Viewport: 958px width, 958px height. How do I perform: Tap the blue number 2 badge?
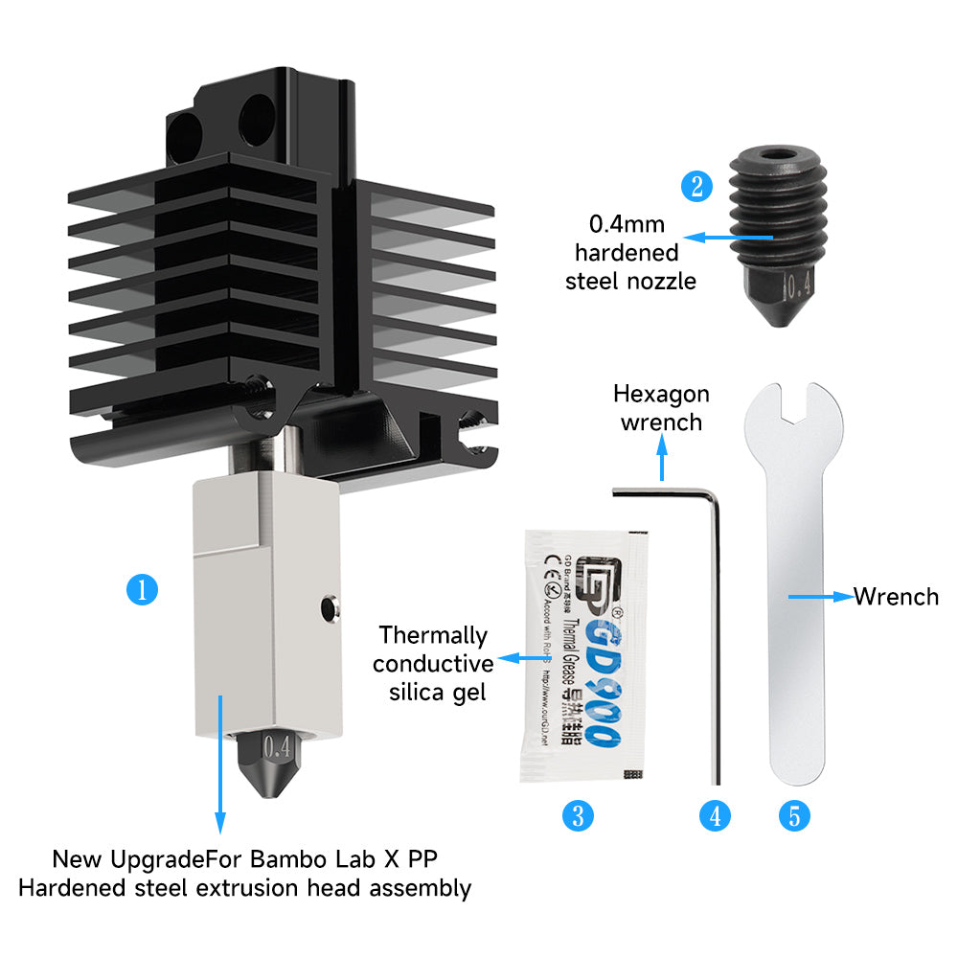coord(696,186)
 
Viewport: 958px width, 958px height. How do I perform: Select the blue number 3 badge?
coord(578,815)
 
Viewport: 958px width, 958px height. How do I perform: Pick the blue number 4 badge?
coord(715,815)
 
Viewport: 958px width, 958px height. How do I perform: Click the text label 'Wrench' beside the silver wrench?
coord(896,597)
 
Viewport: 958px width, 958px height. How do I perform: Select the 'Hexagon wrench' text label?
coord(661,407)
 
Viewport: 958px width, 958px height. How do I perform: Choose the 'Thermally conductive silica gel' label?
coord(433,663)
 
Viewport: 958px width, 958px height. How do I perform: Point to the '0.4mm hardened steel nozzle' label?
coord(633,253)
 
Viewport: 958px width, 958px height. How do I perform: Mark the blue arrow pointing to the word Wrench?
coord(819,597)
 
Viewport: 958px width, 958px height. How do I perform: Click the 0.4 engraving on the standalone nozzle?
coord(797,285)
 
